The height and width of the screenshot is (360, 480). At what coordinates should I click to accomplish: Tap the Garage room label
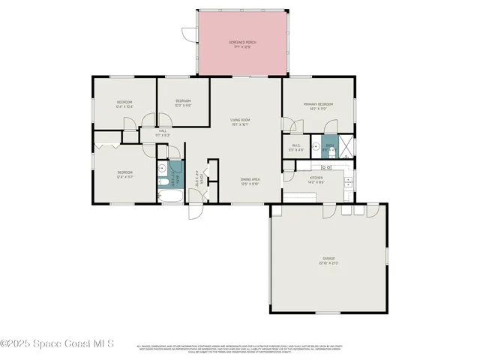(328, 260)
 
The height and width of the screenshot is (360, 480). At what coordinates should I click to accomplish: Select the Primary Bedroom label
(317, 106)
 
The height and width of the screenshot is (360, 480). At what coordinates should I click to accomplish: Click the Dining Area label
(250, 181)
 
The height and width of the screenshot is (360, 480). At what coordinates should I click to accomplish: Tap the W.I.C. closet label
(296, 147)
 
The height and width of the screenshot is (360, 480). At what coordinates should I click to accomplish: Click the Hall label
(163, 133)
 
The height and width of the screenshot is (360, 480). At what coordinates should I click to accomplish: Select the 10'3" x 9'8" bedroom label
(183, 103)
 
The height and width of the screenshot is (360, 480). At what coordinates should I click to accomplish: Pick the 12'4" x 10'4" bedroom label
(124, 103)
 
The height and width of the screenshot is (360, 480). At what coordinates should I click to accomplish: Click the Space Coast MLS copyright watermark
(57, 344)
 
